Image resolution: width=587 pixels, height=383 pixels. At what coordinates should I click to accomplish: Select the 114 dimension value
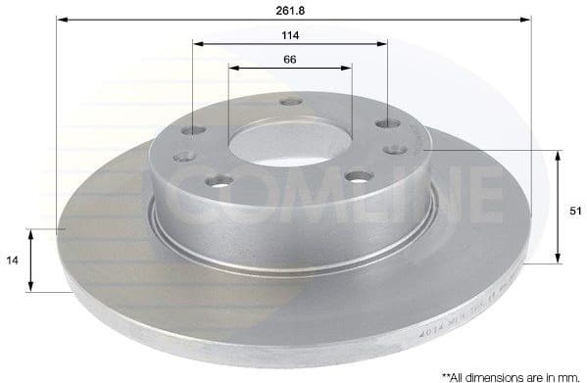pos(290,35)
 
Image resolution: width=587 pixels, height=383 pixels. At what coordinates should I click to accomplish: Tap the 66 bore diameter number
pos(290,60)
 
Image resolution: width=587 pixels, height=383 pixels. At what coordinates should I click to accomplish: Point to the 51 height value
pos(575,210)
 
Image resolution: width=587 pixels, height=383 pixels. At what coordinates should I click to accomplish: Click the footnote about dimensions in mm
pos(511,375)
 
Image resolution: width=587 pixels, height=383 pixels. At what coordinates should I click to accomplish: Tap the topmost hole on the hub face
pos(289,102)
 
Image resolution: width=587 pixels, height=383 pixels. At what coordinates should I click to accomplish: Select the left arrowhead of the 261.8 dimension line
pos(62,19)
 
